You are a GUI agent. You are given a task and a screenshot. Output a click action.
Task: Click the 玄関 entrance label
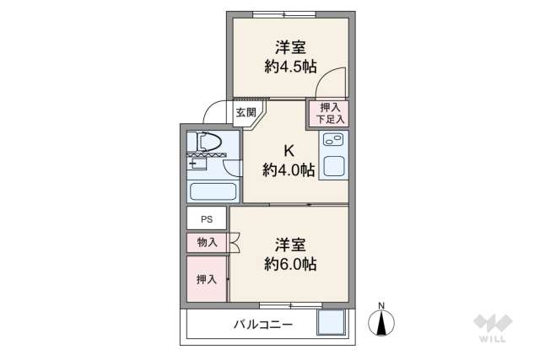pyautogui.click(x=246, y=112)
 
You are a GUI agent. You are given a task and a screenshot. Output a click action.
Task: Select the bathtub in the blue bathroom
pyautogui.click(x=212, y=191)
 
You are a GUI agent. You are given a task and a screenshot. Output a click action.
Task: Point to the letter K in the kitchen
pyautogui.click(x=288, y=152)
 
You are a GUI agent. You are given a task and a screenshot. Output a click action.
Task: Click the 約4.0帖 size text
pyautogui.click(x=289, y=170)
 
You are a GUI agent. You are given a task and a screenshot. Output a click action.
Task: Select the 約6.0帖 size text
pyautogui.click(x=289, y=264)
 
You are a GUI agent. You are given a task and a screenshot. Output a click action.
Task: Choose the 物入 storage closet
pyautogui.click(x=207, y=243)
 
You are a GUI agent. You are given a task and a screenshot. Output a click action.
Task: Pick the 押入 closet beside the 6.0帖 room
pyautogui.click(x=207, y=279)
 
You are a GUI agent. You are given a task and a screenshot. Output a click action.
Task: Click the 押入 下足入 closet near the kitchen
pyautogui.click(x=330, y=113)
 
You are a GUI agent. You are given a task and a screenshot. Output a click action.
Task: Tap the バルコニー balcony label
pyautogui.click(x=262, y=325)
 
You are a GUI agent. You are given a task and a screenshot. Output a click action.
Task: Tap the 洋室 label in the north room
pyautogui.click(x=289, y=47)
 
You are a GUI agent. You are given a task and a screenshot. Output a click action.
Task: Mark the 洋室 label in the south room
pyautogui.click(x=289, y=244)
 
